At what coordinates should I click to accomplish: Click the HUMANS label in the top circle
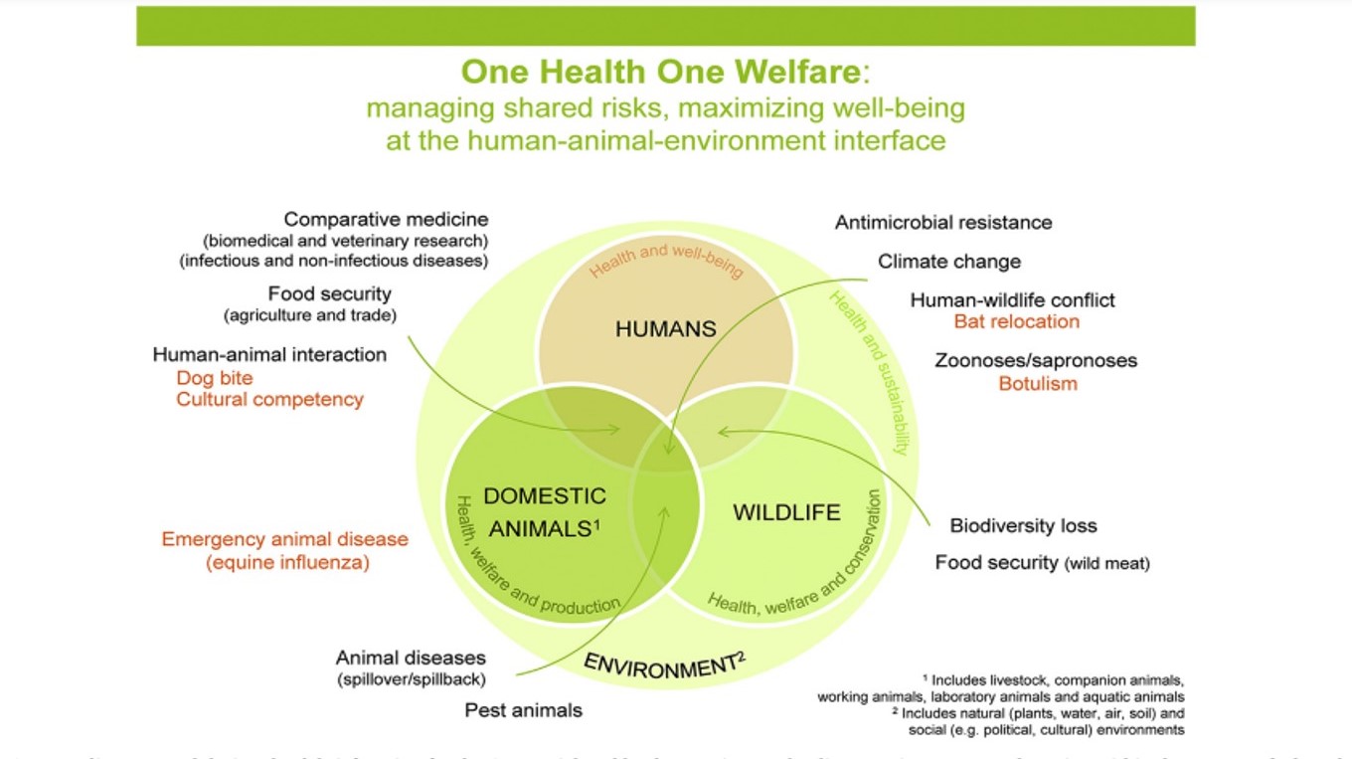click(x=666, y=329)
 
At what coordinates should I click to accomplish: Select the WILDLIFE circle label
click(x=786, y=513)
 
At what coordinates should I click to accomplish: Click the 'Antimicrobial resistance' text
click(x=943, y=222)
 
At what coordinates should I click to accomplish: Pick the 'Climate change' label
click(x=949, y=262)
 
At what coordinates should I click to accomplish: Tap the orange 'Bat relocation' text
click(x=1016, y=321)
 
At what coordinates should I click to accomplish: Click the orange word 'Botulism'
click(x=1038, y=383)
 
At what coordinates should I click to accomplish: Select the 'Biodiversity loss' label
click(x=1023, y=525)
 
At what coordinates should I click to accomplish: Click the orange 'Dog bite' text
click(x=215, y=378)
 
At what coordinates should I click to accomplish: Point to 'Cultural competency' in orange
click(x=270, y=400)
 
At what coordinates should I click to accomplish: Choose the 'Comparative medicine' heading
click(x=387, y=220)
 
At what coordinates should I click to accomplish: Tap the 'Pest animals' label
click(x=524, y=710)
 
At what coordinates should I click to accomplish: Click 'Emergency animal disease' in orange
click(x=285, y=539)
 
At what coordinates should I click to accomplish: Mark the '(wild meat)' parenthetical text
click(x=1107, y=564)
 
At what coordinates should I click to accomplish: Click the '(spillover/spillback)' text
click(x=410, y=679)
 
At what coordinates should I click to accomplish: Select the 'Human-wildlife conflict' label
click(x=1013, y=299)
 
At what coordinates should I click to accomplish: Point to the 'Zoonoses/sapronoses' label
click(x=1036, y=360)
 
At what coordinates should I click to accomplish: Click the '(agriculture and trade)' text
click(x=310, y=316)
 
